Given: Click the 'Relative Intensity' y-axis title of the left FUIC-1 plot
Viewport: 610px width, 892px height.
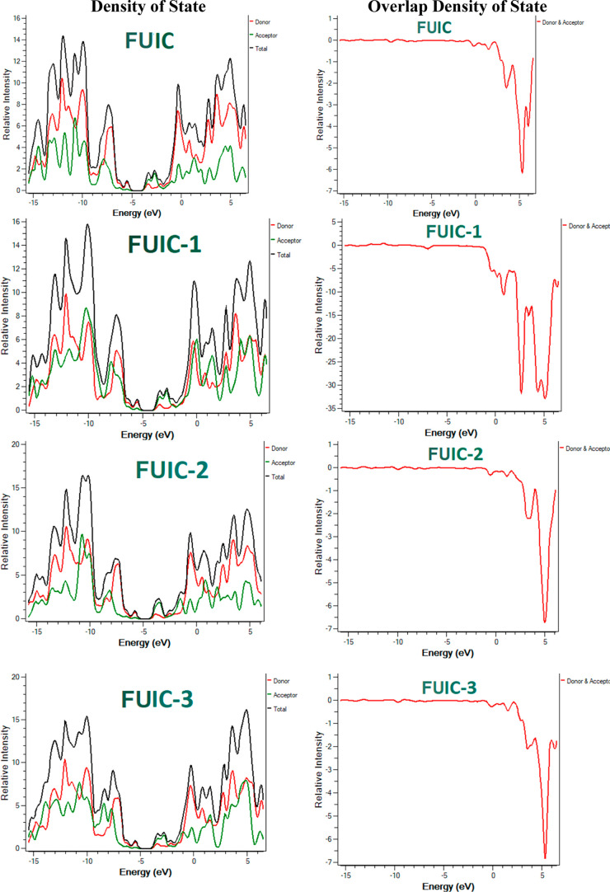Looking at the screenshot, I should point(6,317).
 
